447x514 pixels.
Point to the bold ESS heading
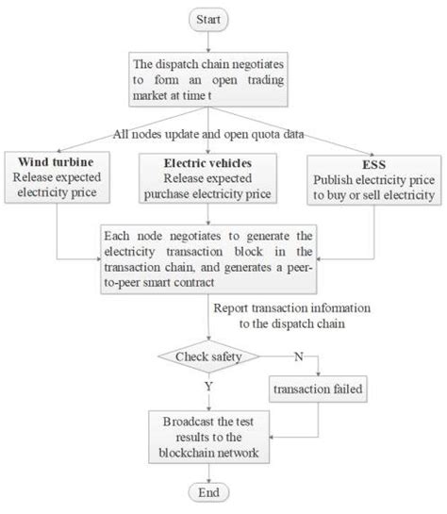click(x=372, y=161)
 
